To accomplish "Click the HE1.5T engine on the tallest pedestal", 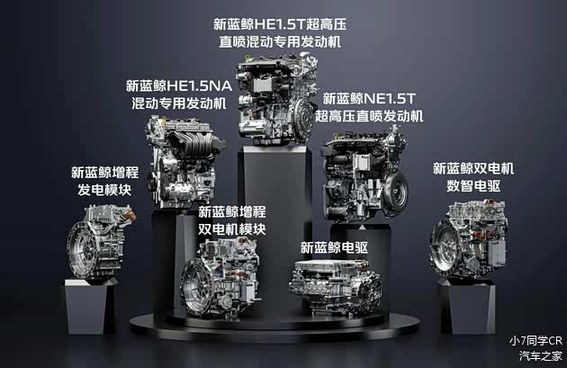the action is click(x=276, y=99).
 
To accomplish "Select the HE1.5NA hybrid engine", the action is click(x=184, y=162).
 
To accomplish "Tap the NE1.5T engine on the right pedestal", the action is click(x=365, y=175).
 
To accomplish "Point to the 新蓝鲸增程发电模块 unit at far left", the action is click(x=98, y=241).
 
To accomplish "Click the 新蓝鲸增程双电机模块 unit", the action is click(x=220, y=278).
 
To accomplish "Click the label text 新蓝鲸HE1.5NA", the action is click(x=179, y=86).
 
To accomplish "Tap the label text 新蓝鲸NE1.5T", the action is click(x=369, y=98).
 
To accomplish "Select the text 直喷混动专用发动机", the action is click(x=280, y=41).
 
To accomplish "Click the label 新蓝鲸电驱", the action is click(x=334, y=247).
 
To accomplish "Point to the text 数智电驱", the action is click(x=473, y=186).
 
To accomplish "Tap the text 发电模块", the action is click(x=104, y=190).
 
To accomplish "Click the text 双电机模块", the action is click(x=232, y=229).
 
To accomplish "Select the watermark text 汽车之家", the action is click(x=541, y=356).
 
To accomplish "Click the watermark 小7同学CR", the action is click(x=535, y=340).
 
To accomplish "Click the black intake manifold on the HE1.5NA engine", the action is click(x=197, y=144).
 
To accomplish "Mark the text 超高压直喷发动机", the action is click(x=369, y=116).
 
